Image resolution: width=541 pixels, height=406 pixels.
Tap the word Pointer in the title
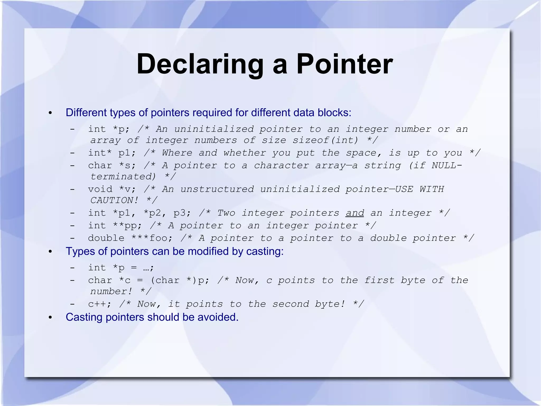tap(344, 64)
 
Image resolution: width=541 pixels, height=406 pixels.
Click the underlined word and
tap(355, 213)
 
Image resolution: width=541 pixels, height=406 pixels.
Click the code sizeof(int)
tap(325, 140)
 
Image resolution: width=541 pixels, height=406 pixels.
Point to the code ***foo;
tap(152, 238)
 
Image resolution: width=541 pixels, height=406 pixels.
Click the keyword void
tap(100, 189)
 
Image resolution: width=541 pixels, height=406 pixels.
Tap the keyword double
tap(106, 238)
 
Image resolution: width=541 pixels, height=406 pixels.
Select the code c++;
tap(100, 304)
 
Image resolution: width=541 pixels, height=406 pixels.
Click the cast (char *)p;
tap(180, 280)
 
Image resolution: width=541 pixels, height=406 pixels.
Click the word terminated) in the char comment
tap(123, 177)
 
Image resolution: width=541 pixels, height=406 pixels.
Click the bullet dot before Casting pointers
tap(50, 317)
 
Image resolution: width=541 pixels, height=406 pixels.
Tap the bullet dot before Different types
tap(50, 113)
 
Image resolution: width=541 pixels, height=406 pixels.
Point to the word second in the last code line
tap(291, 304)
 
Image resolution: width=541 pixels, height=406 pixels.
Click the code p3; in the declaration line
tap(182, 213)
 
